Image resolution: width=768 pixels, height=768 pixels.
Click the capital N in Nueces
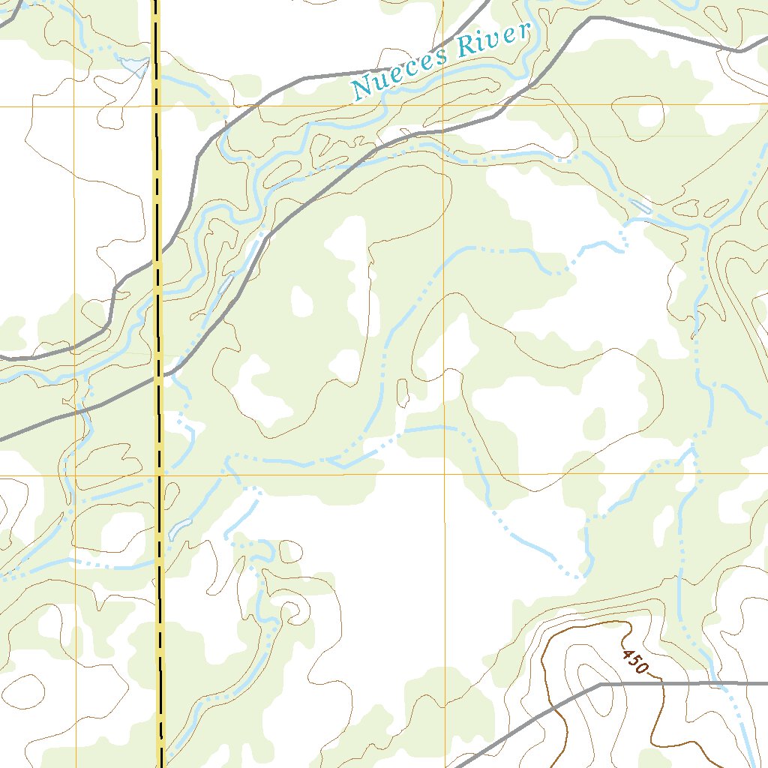[x=361, y=89]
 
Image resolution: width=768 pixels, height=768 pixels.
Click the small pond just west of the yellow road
[x=135, y=66]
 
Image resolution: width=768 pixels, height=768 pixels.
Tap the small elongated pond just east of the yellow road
[x=180, y=529]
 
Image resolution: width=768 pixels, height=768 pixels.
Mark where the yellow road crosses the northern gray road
[x=157, y=264]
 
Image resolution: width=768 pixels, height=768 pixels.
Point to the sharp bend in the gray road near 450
[x=601, y=684]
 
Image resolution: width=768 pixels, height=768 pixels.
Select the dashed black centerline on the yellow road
[x=157, y=187]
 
